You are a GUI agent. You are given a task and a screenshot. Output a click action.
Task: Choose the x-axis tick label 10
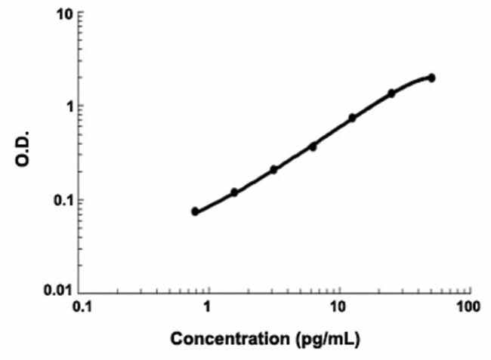[x=339, y=309]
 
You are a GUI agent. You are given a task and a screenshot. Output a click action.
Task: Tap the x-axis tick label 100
[x=469, y=309]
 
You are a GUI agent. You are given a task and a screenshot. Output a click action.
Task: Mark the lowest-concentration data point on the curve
[x=195, y=211]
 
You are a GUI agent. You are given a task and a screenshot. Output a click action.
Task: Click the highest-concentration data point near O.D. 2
[x=431, y=77]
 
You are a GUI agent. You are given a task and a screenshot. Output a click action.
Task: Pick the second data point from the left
[x=234, y=192]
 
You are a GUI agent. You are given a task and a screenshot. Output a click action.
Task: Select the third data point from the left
[x=273, y=169]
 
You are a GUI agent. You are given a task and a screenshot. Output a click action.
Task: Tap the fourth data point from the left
[x=313, y=146]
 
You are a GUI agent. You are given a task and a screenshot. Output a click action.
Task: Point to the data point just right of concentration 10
[x=352, y=118]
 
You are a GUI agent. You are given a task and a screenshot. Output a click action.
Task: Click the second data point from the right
[x=391, y=93]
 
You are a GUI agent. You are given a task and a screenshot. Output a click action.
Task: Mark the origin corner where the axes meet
[x=81, y=292]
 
